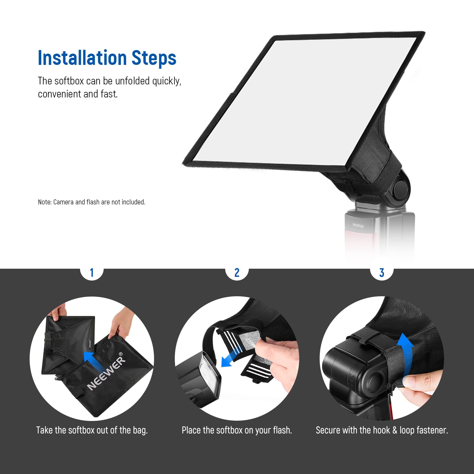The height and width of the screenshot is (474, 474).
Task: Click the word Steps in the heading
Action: coord(154,58)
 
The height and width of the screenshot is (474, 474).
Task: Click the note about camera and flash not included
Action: coord(92,202)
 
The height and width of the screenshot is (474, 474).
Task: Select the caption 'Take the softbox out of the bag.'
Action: coord(92,430)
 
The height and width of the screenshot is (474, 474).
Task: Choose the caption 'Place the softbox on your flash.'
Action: coord(237,430)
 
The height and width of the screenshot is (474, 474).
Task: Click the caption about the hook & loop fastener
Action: coord(382,430)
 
